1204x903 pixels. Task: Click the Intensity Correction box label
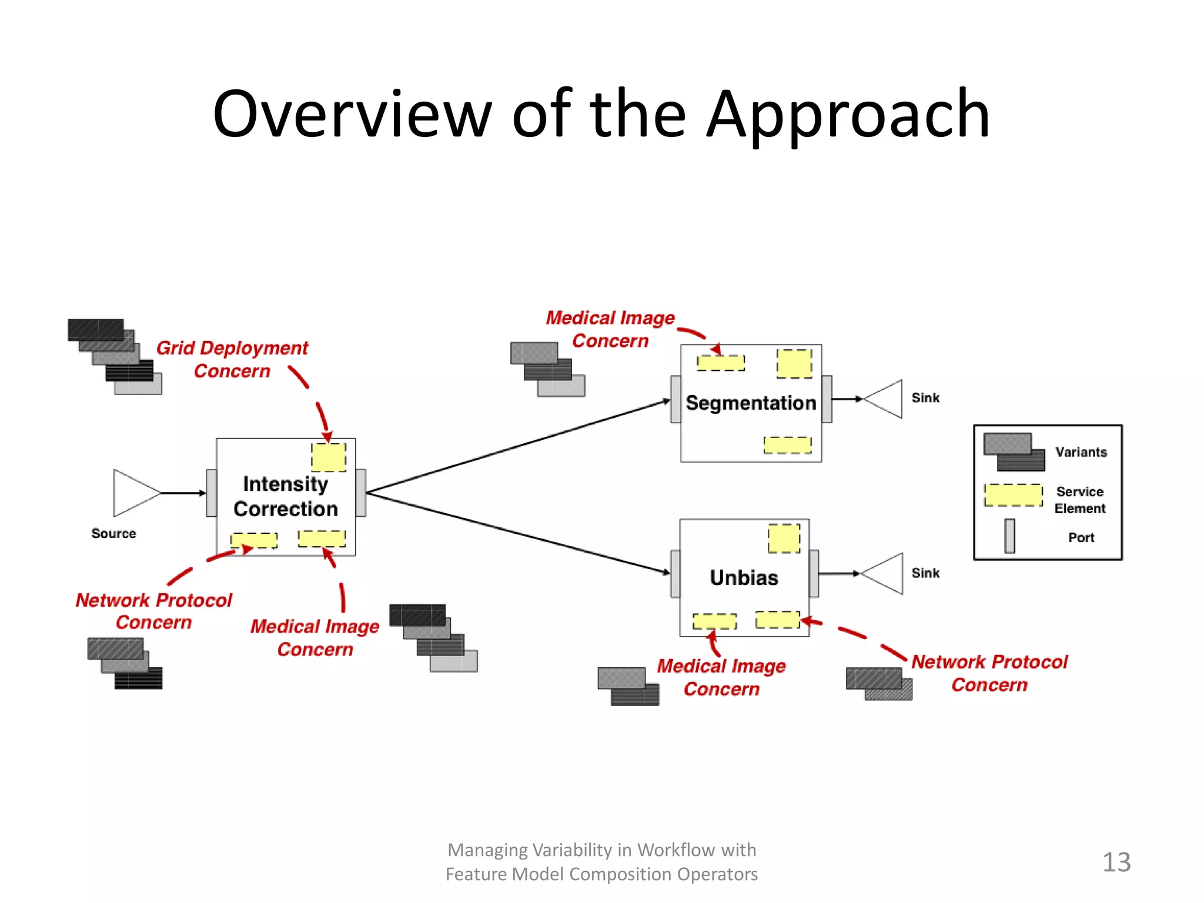pyautogui.click(x=286, y=496)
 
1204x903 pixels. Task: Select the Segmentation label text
pyautogui.click(x=751, y=403)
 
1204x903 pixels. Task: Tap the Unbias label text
pyautogui.click(x=744, y=578)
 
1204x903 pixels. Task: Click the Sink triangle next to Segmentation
pyautogui.click(x=885, y=399)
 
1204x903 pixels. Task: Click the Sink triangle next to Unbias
pyautogui.click(x=885, y=573)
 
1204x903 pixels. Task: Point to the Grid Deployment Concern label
pyautogui.click(x=232, y=359)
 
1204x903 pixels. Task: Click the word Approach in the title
pyautogui.click(x=848, y=115)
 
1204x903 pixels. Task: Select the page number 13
pyautogui.click(x=1116, y=862)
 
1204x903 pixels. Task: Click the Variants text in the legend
pyautogui.click(x=1081, y=452)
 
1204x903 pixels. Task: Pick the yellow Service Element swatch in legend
pyautogui.click(x=1014, y=495)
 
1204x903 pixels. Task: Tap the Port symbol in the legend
pyautogui.click(x=1009, y=536)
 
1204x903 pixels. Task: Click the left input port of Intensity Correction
pyautogui.click(x=212, y=493)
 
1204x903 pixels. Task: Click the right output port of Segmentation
pyautogui.click(x=827, y=399)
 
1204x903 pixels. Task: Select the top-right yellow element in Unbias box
pyautogui.click(x=784, y=539)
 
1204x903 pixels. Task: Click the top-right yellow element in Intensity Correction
pyautogui.click(x=329, y=457)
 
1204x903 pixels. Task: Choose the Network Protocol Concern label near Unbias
pyautogui.click(x=989, y=673)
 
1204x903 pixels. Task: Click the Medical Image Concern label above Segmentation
pyautogui.click(x=610, y=329)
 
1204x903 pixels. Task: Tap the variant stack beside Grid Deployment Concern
pyautogui.click(x=115, y=356)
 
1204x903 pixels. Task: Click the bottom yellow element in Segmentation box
pyautogui.click(x=787, y=445)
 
